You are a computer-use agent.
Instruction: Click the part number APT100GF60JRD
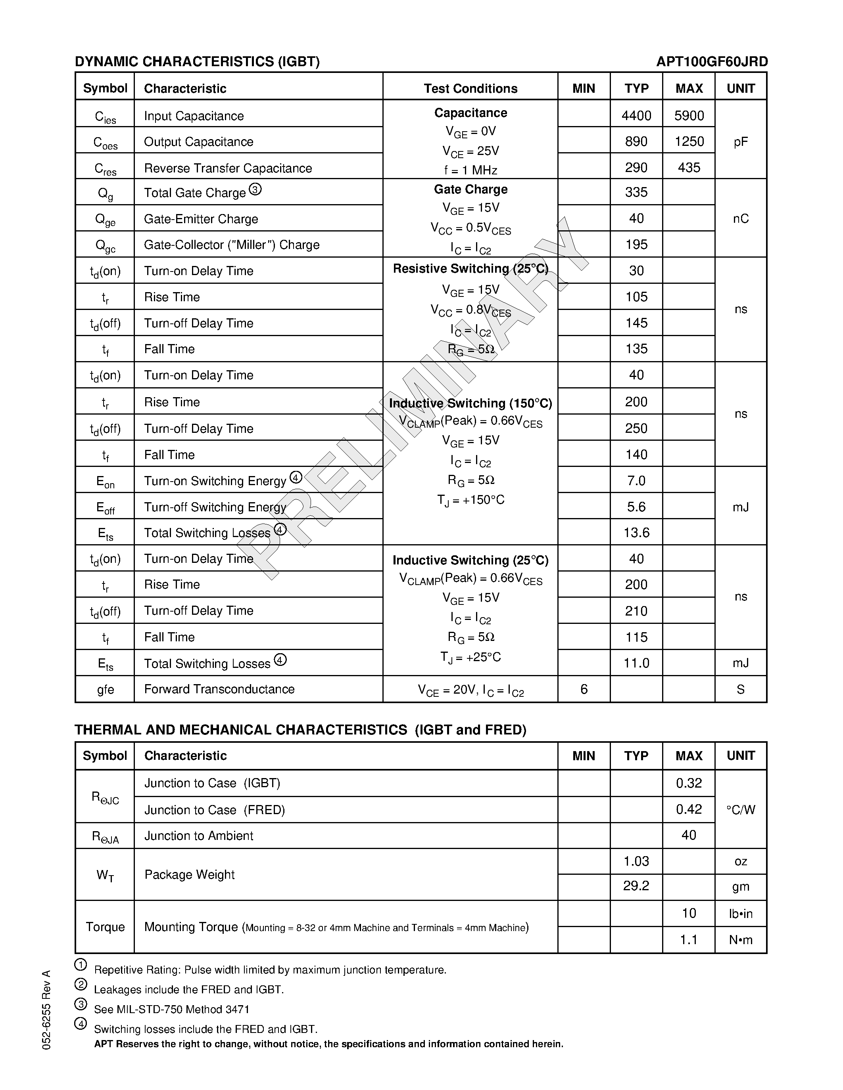pos(712,61)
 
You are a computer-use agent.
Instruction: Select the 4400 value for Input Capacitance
pos(636,116)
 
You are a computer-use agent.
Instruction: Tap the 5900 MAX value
pos(689,116)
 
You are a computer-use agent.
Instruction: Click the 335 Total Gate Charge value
pos(636,192)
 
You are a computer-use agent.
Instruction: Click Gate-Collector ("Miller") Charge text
pos(232,245)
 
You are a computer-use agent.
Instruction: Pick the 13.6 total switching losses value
pos(636,533)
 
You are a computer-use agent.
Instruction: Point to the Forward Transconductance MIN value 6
pos(583,689)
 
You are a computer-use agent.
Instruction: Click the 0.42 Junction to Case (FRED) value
pos(689,809)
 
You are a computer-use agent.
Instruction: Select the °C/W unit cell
pos(740,809)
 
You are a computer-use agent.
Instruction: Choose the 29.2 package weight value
pos(636,886)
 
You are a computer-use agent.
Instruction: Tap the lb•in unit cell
pos(740,913)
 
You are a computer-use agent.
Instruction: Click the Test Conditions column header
pos(470,88)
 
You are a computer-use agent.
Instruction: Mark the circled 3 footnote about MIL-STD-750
pos(81,1004)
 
